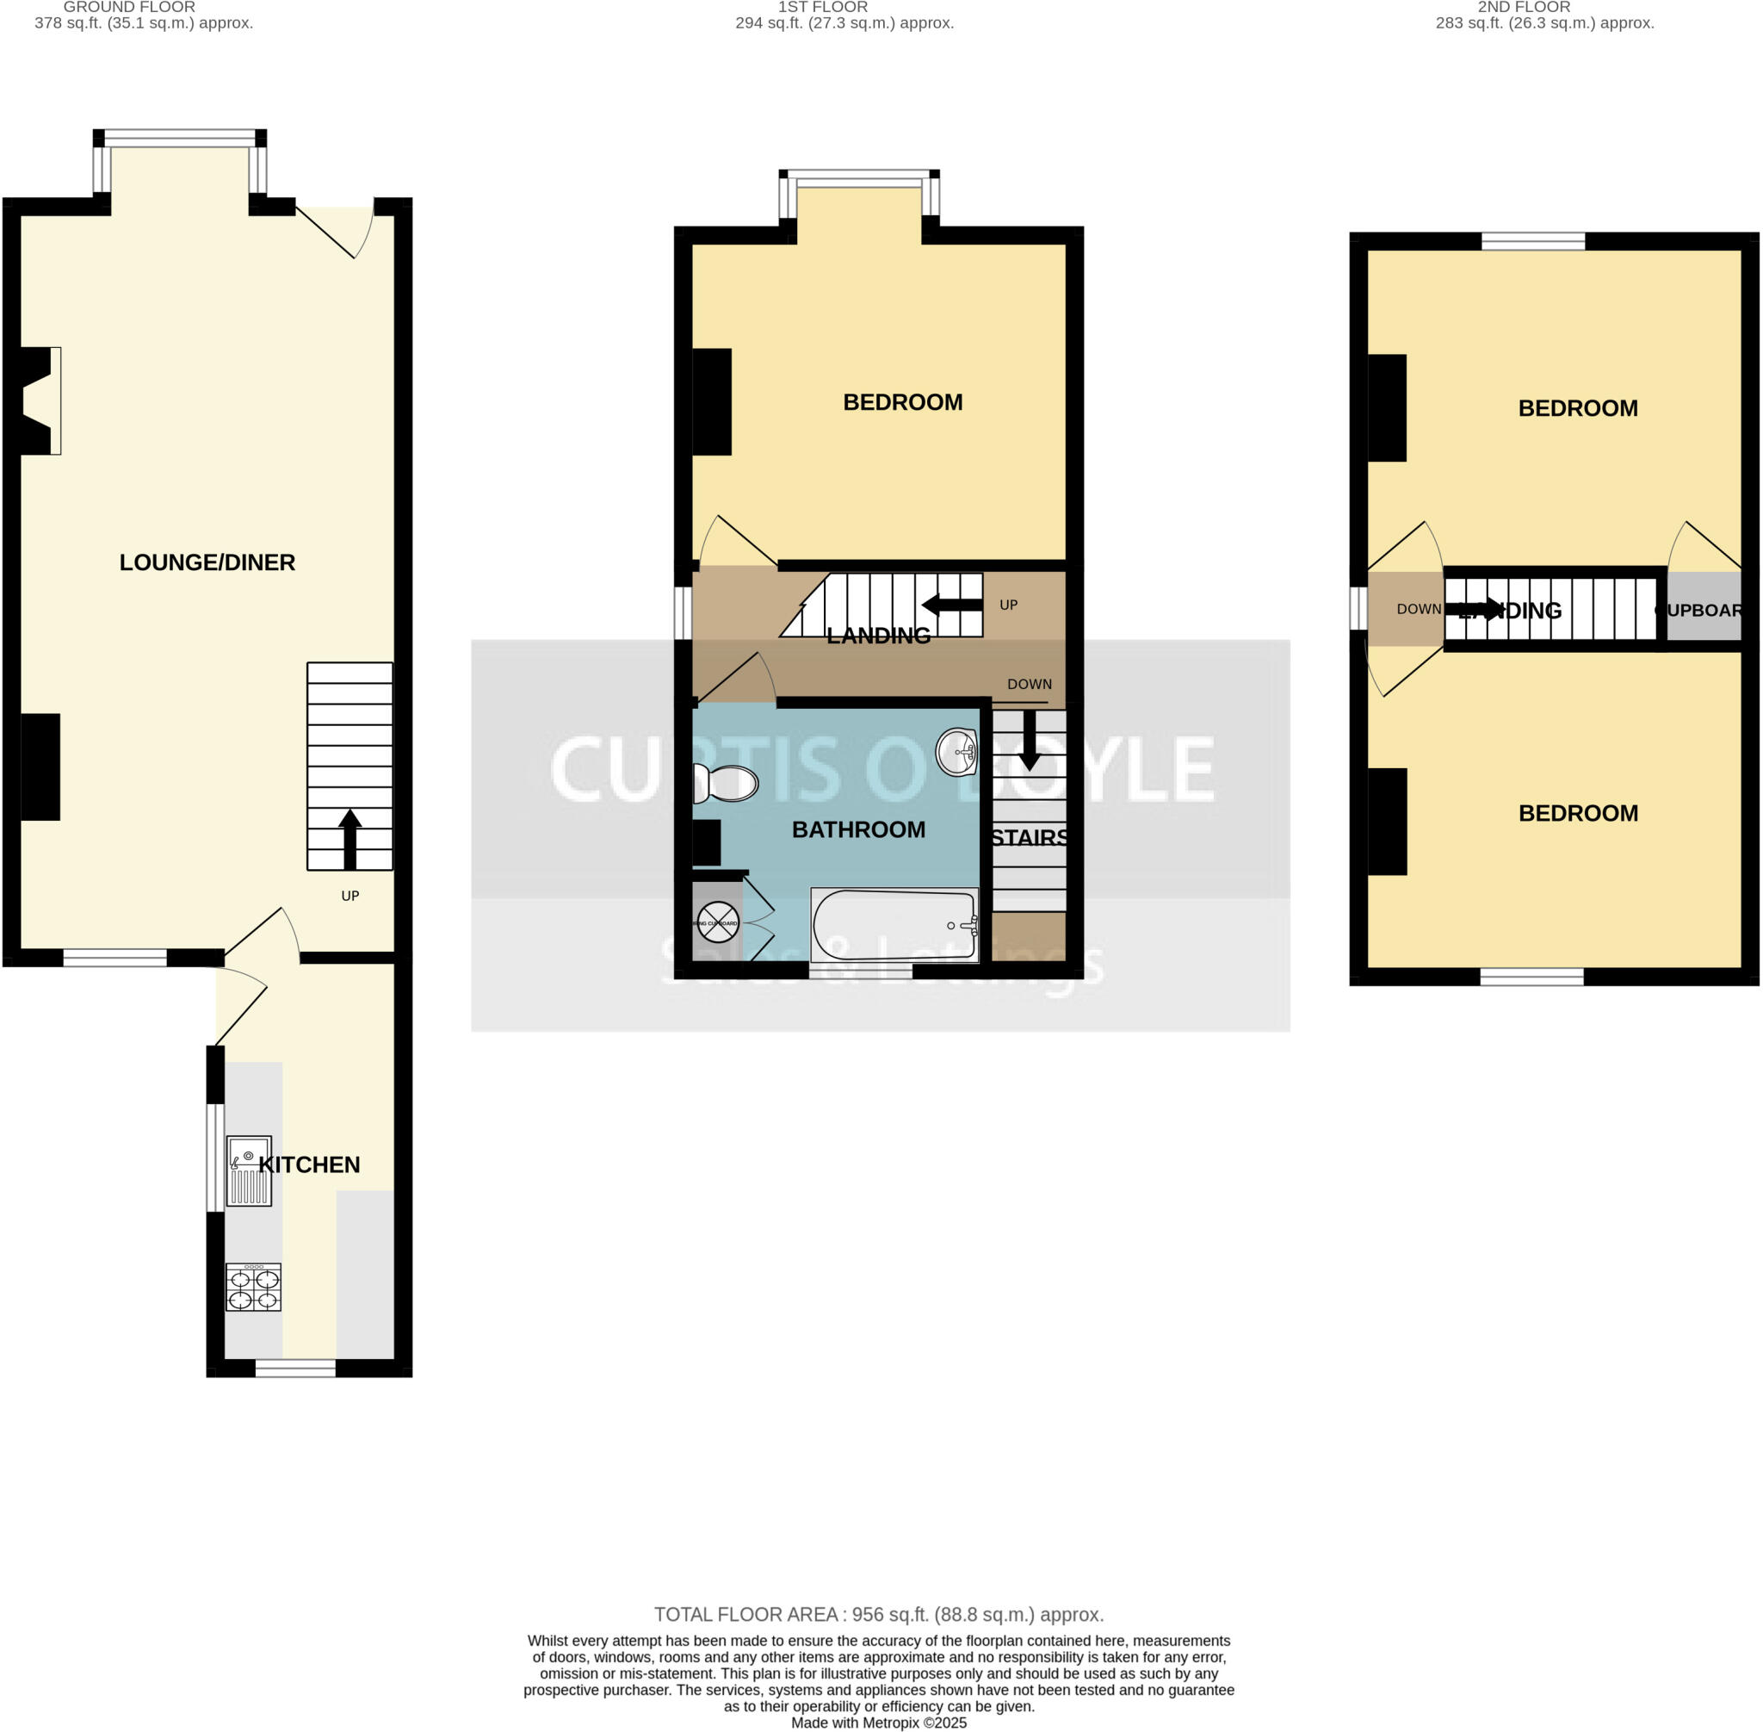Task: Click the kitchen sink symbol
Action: pos(248,1170)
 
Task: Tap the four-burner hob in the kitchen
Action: pos(253,1288)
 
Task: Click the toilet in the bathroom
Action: pos(726,783)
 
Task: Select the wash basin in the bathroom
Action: pos(956,751)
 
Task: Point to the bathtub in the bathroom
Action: pos(894,924)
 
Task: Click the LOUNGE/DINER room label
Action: pos(207,562)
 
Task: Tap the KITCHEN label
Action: pos(309,1164)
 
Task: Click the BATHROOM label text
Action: pos(858,829)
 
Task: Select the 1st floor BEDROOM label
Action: pos(902,402)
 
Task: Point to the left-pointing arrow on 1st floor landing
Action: pos(951,605)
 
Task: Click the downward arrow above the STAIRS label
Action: pos(1030,740)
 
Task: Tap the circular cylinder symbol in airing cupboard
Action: pos(717,922)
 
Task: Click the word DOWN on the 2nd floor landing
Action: pos(1419,609)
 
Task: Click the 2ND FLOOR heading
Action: pos(1524,7)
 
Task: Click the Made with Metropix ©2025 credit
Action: pos(878,1723)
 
